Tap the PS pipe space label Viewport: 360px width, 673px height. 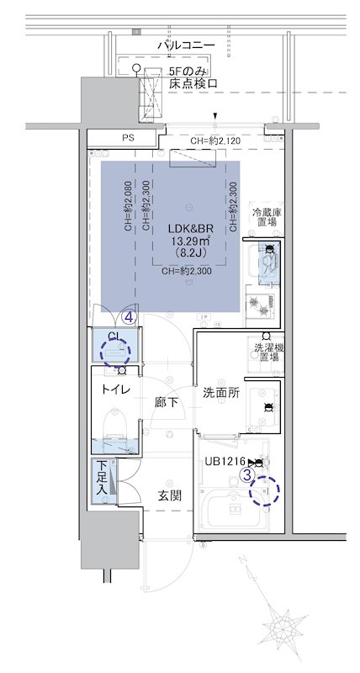pyautogui.click(x=128, y=138)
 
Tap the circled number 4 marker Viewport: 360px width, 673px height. pyautogui.click(x=128, y=317)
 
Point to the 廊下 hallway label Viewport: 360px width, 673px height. pyautogui.click(x=167, y=403)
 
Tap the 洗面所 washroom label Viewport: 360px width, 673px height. pyautogui.click(x=221, y=393)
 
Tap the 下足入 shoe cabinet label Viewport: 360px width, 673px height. pyautogui.click(x=101, y=478)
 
